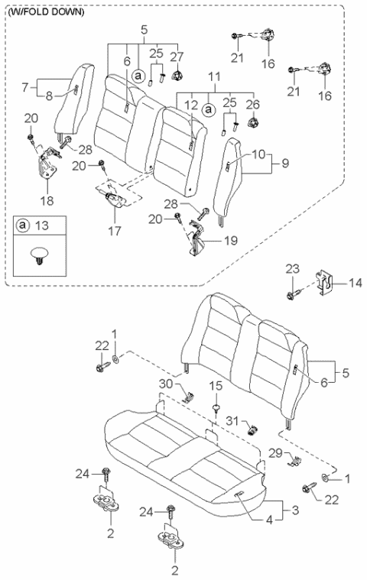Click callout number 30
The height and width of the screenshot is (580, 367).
coord(167,384)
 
